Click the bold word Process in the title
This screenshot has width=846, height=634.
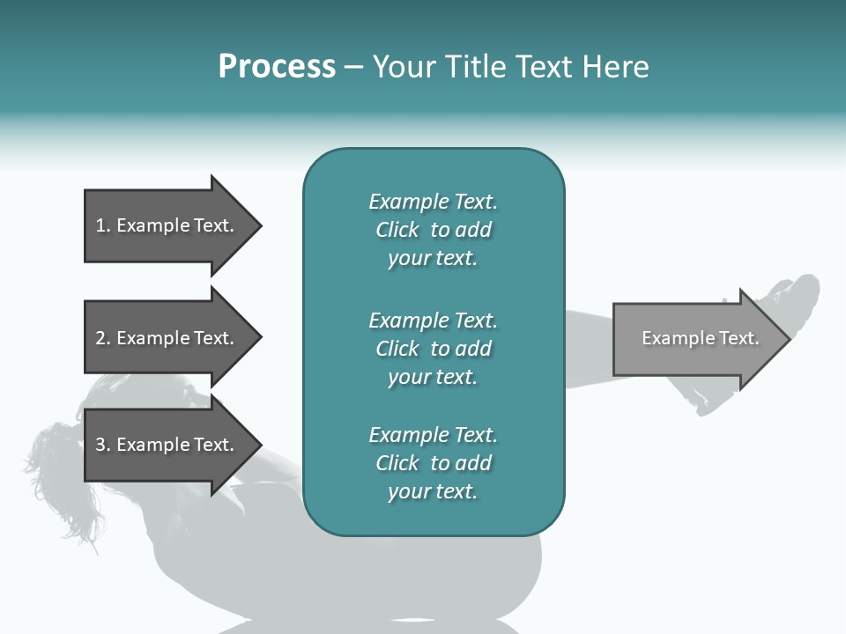[277, 66]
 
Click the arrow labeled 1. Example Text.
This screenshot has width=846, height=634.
[173, 225]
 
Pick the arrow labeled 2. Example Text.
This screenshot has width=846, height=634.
[173, 337]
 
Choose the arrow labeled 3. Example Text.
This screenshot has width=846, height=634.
[173, 444]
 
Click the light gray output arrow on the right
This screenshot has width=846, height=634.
[701, 338]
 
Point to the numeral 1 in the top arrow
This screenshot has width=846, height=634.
[100, 225]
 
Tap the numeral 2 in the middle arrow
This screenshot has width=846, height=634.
[100, 338]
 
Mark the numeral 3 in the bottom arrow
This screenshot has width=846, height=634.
[100, 444]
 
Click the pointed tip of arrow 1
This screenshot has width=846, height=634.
[262, 226]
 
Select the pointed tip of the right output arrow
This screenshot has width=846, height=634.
[790, 339]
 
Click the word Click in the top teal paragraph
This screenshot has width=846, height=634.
[397, 230]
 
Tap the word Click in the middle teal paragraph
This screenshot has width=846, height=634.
[397, 349]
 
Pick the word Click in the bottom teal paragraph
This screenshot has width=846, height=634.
[397, 462]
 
